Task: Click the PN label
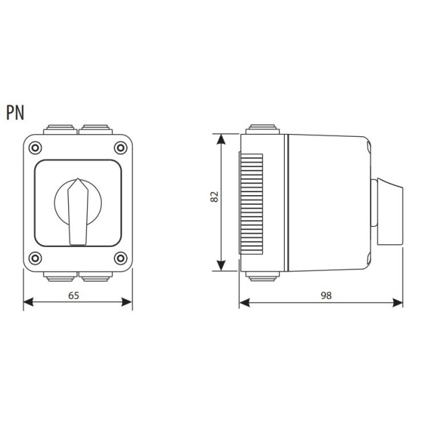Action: point(15,112)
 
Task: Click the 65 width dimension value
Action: point(74,295)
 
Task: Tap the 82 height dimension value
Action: point(215,196)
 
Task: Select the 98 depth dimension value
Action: point(326,295)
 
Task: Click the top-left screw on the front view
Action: point(35,147)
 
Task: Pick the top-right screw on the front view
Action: point(121,147)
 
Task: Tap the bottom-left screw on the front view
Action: point(35,258)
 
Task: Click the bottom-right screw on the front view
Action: point(121,258)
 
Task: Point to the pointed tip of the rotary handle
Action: point(78,178)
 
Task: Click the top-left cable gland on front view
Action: point(60,129)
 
